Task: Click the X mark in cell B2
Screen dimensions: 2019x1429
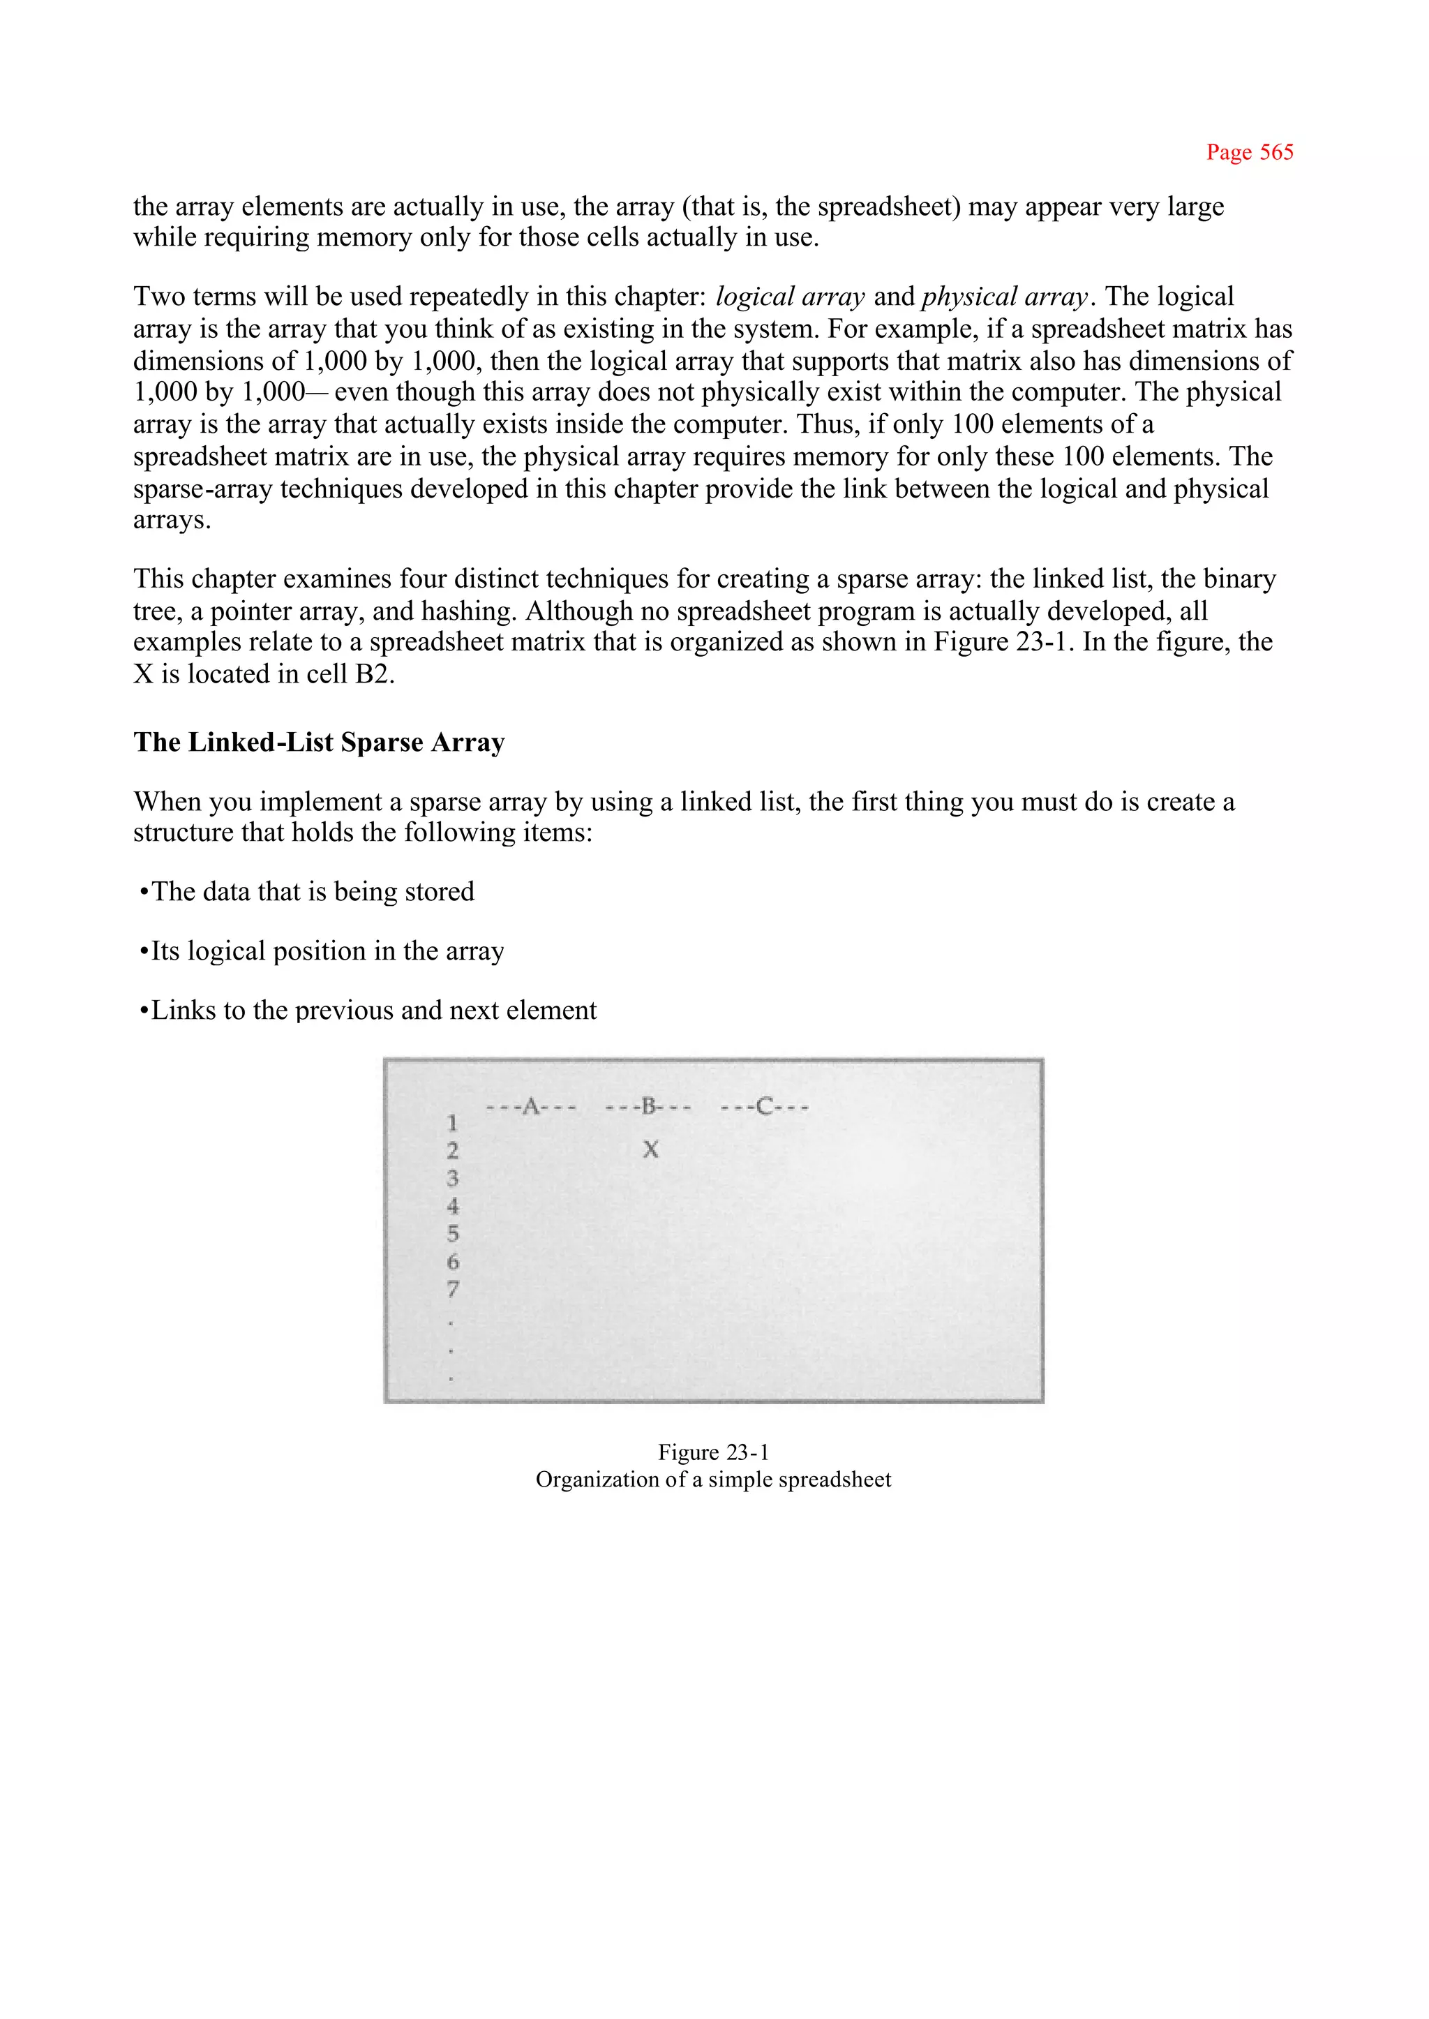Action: pyautogui.click(x=650, y=1149)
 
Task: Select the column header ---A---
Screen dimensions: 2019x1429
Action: pyautogui.click(x=530, y=1106)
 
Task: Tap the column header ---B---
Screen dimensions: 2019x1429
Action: pyautogui.click(x=648, y=1106)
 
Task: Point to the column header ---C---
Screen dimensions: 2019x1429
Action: pyautogui.click(x=764, y=1106)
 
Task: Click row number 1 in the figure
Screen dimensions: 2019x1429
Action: pyautogui.click(x=452, y=1123)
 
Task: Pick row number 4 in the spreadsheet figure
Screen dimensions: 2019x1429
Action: pyautogui.click(x=452, y=1206)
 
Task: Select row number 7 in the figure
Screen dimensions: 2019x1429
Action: pyautogui.click(x=452, y=1290)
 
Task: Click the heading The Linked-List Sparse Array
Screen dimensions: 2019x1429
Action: pyautogui.click(x=319, y=742)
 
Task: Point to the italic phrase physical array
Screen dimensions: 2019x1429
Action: pyautogui.click(x=1005, y=297)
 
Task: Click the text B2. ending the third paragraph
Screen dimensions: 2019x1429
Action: pyautogui.click(x=375, y=674)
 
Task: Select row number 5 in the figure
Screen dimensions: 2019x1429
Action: pyautogui.click(x=452, y=1234)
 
